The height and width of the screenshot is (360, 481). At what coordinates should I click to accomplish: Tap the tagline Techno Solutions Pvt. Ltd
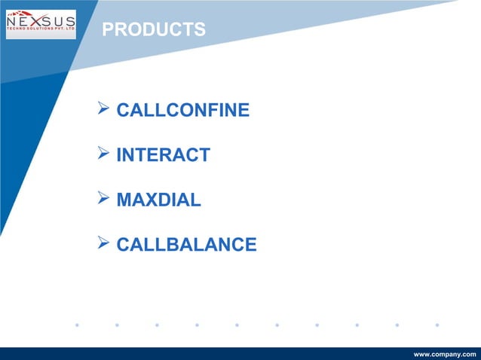(41, 35)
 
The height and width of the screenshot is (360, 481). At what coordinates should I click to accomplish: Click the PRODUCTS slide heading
(154, 30)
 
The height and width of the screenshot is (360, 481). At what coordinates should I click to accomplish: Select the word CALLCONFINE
(182, 111)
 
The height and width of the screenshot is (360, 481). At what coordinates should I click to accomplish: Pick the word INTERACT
(163, 155)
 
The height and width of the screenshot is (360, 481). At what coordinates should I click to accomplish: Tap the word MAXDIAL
(158, 200)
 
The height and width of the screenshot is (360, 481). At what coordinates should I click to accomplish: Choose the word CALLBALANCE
(186, 245)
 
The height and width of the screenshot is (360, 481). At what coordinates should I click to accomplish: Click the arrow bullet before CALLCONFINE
(104, 110)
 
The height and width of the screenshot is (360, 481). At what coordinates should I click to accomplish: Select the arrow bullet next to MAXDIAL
(104, 200)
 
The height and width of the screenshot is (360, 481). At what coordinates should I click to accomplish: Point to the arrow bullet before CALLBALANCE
(104, 244)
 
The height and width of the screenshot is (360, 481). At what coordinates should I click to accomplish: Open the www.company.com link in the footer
(445, 353)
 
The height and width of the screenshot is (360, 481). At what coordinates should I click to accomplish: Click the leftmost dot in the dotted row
(77, 325)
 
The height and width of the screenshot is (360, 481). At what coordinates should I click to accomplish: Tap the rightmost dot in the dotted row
(437, 325)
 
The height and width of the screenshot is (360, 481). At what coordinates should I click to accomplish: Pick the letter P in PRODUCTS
(107, 30)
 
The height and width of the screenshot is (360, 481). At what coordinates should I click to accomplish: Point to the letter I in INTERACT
(119, 155)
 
